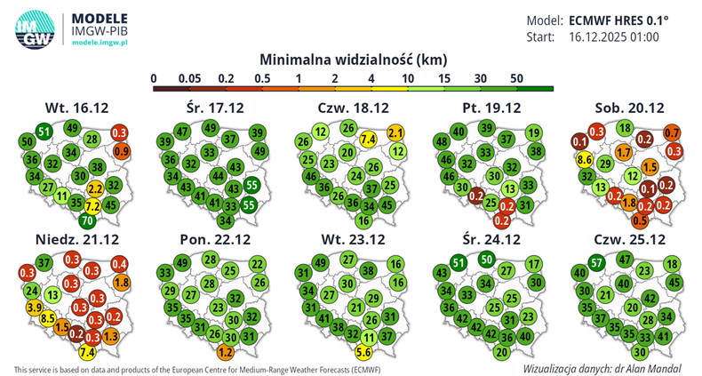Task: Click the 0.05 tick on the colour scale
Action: click(x=187, y=79)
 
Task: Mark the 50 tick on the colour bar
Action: click(x=515, y=79)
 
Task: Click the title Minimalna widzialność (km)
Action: click(x=353, y=59)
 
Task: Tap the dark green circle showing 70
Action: click(x=87, y=220)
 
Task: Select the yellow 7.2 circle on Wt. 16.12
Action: click(x=92, y=205)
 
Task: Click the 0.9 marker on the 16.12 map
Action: click(x=122, y=151)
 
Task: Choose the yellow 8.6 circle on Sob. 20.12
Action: click(x=585, y=160)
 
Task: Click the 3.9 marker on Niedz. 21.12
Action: click(x=36, y=307)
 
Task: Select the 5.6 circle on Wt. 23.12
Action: click(x=363, y=351)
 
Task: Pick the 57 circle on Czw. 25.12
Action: click(x=597, y=261)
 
